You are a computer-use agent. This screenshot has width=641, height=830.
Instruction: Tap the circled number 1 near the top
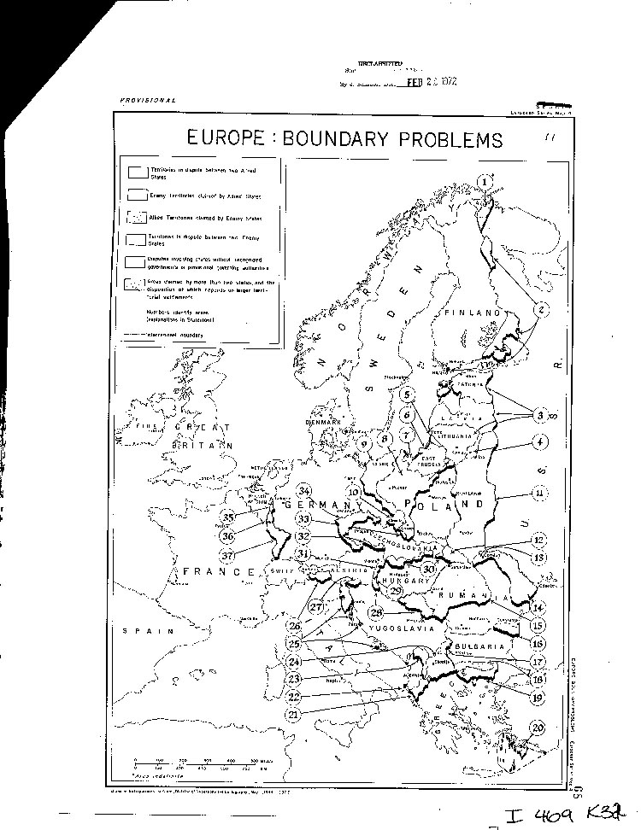485,181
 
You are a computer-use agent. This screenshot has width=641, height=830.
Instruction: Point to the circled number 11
538,493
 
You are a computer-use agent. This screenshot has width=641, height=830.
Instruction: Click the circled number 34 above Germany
303,491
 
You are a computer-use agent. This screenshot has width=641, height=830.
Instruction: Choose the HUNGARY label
415,580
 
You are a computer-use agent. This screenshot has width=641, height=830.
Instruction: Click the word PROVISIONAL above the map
149,100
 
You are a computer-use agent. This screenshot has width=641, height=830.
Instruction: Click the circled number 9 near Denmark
364,444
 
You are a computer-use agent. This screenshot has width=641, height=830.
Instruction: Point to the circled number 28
377,612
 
